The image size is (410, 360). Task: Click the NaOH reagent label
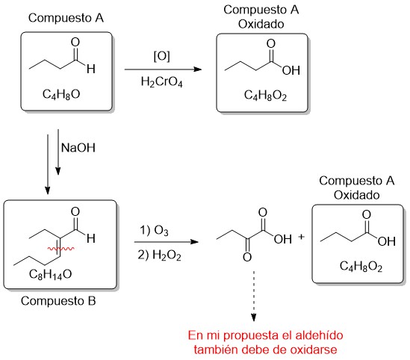78,148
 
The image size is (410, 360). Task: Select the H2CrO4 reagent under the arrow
161,81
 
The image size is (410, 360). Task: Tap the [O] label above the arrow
162,56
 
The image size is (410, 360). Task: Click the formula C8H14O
51,275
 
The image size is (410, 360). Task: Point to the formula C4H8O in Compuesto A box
61,94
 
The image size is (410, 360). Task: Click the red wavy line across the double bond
60,249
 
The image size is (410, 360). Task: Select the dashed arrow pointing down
253,296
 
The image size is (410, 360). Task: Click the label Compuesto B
58,301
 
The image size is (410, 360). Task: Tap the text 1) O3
154,231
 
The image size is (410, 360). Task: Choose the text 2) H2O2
159,255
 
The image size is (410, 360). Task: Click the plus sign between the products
301,237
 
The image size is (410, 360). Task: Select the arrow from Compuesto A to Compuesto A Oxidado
163,69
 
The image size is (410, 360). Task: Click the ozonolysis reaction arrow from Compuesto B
167,242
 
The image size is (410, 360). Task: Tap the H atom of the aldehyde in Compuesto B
90,238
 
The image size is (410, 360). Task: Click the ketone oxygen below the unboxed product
247,257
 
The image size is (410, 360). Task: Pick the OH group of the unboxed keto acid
283,239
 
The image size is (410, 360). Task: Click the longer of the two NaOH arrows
47,165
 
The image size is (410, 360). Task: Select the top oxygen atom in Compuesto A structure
75,43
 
